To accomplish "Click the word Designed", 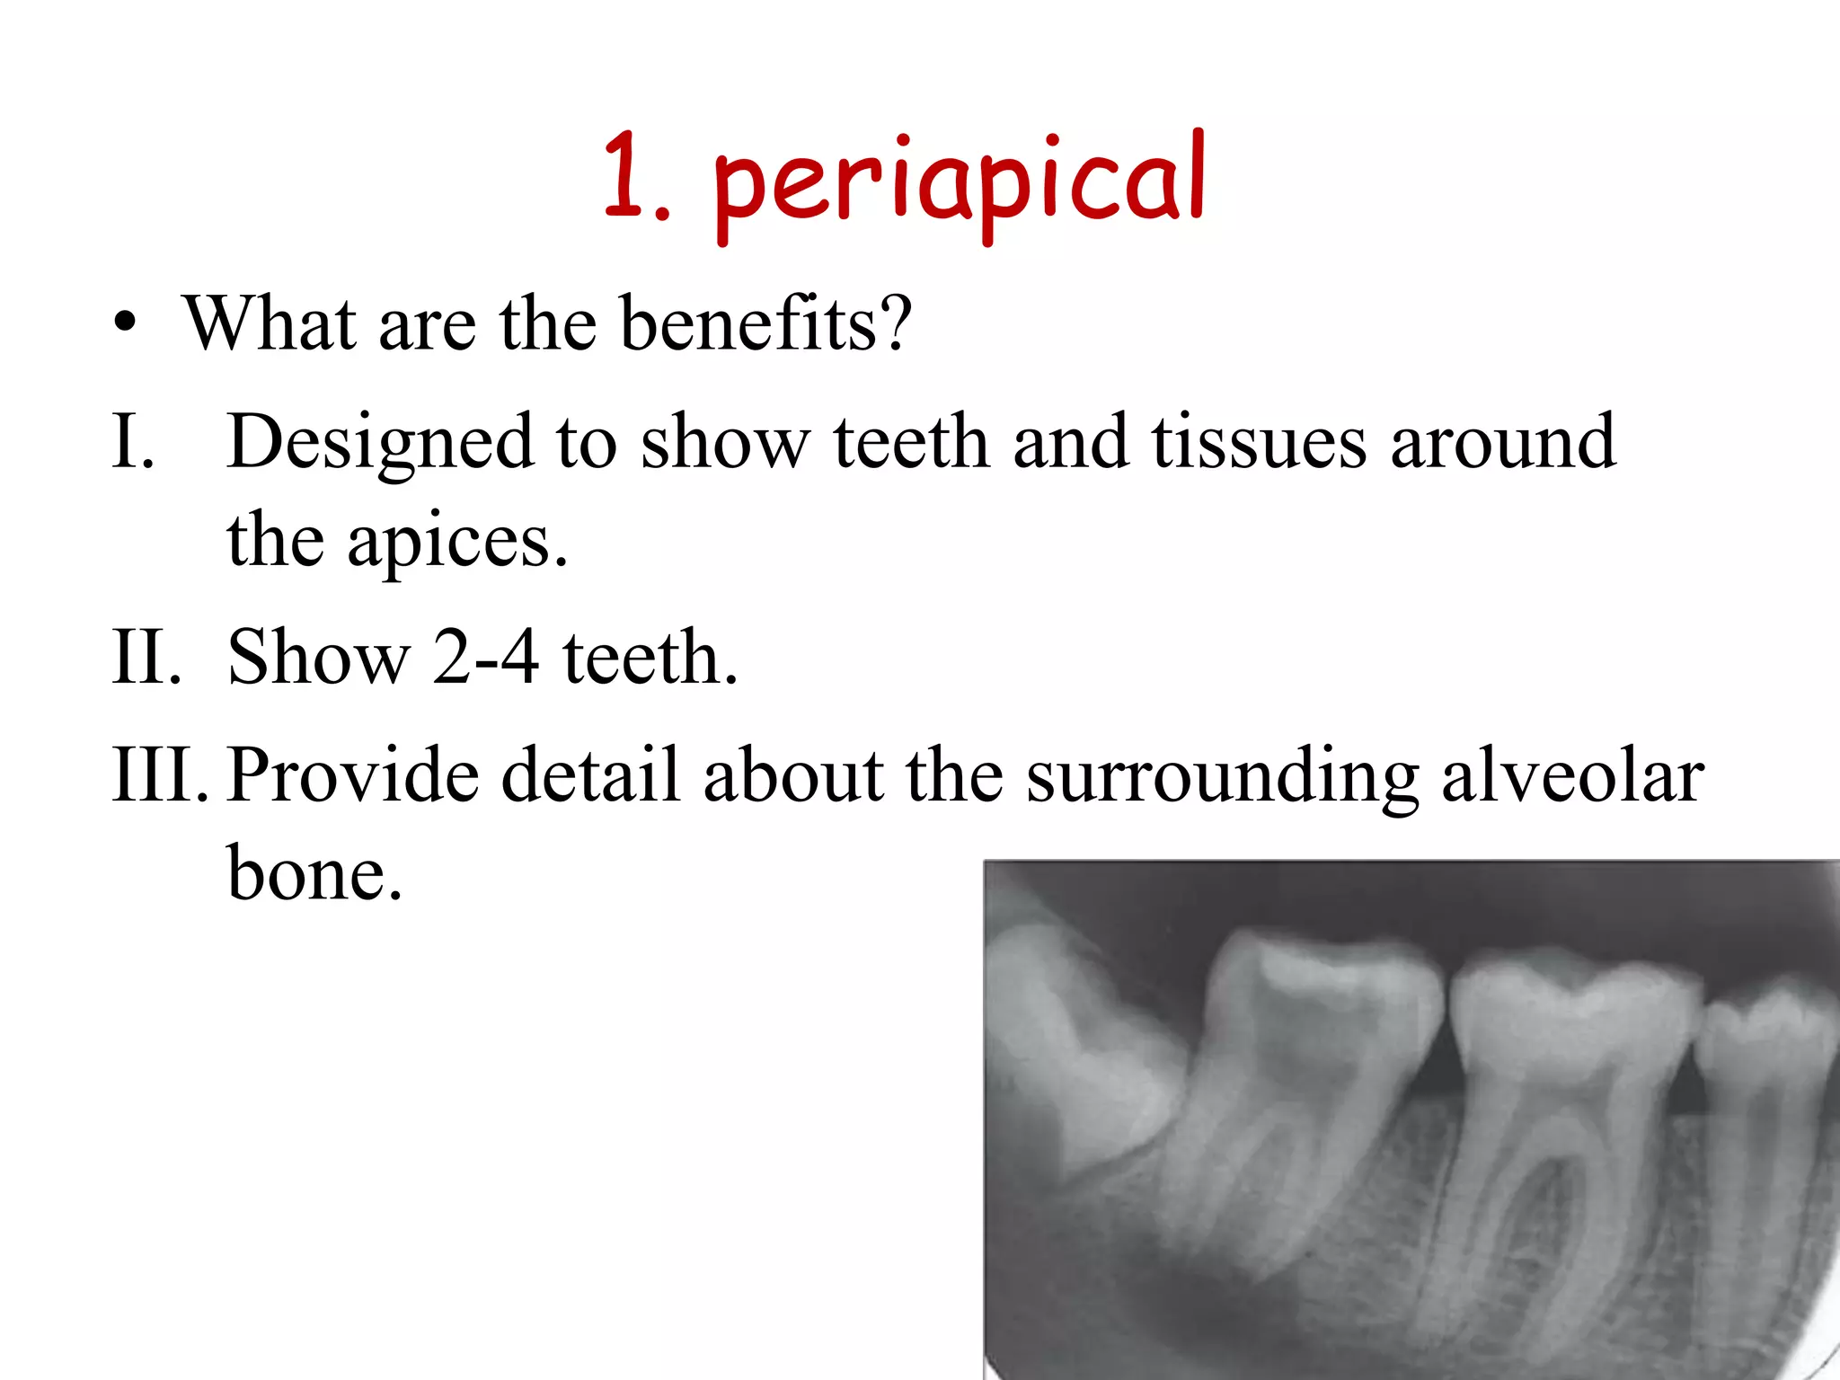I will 379,442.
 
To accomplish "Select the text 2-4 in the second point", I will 485,658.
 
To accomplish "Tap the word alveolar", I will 1572,774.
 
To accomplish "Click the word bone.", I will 314,873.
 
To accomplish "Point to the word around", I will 1502,442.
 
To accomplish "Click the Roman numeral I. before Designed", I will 133,442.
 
